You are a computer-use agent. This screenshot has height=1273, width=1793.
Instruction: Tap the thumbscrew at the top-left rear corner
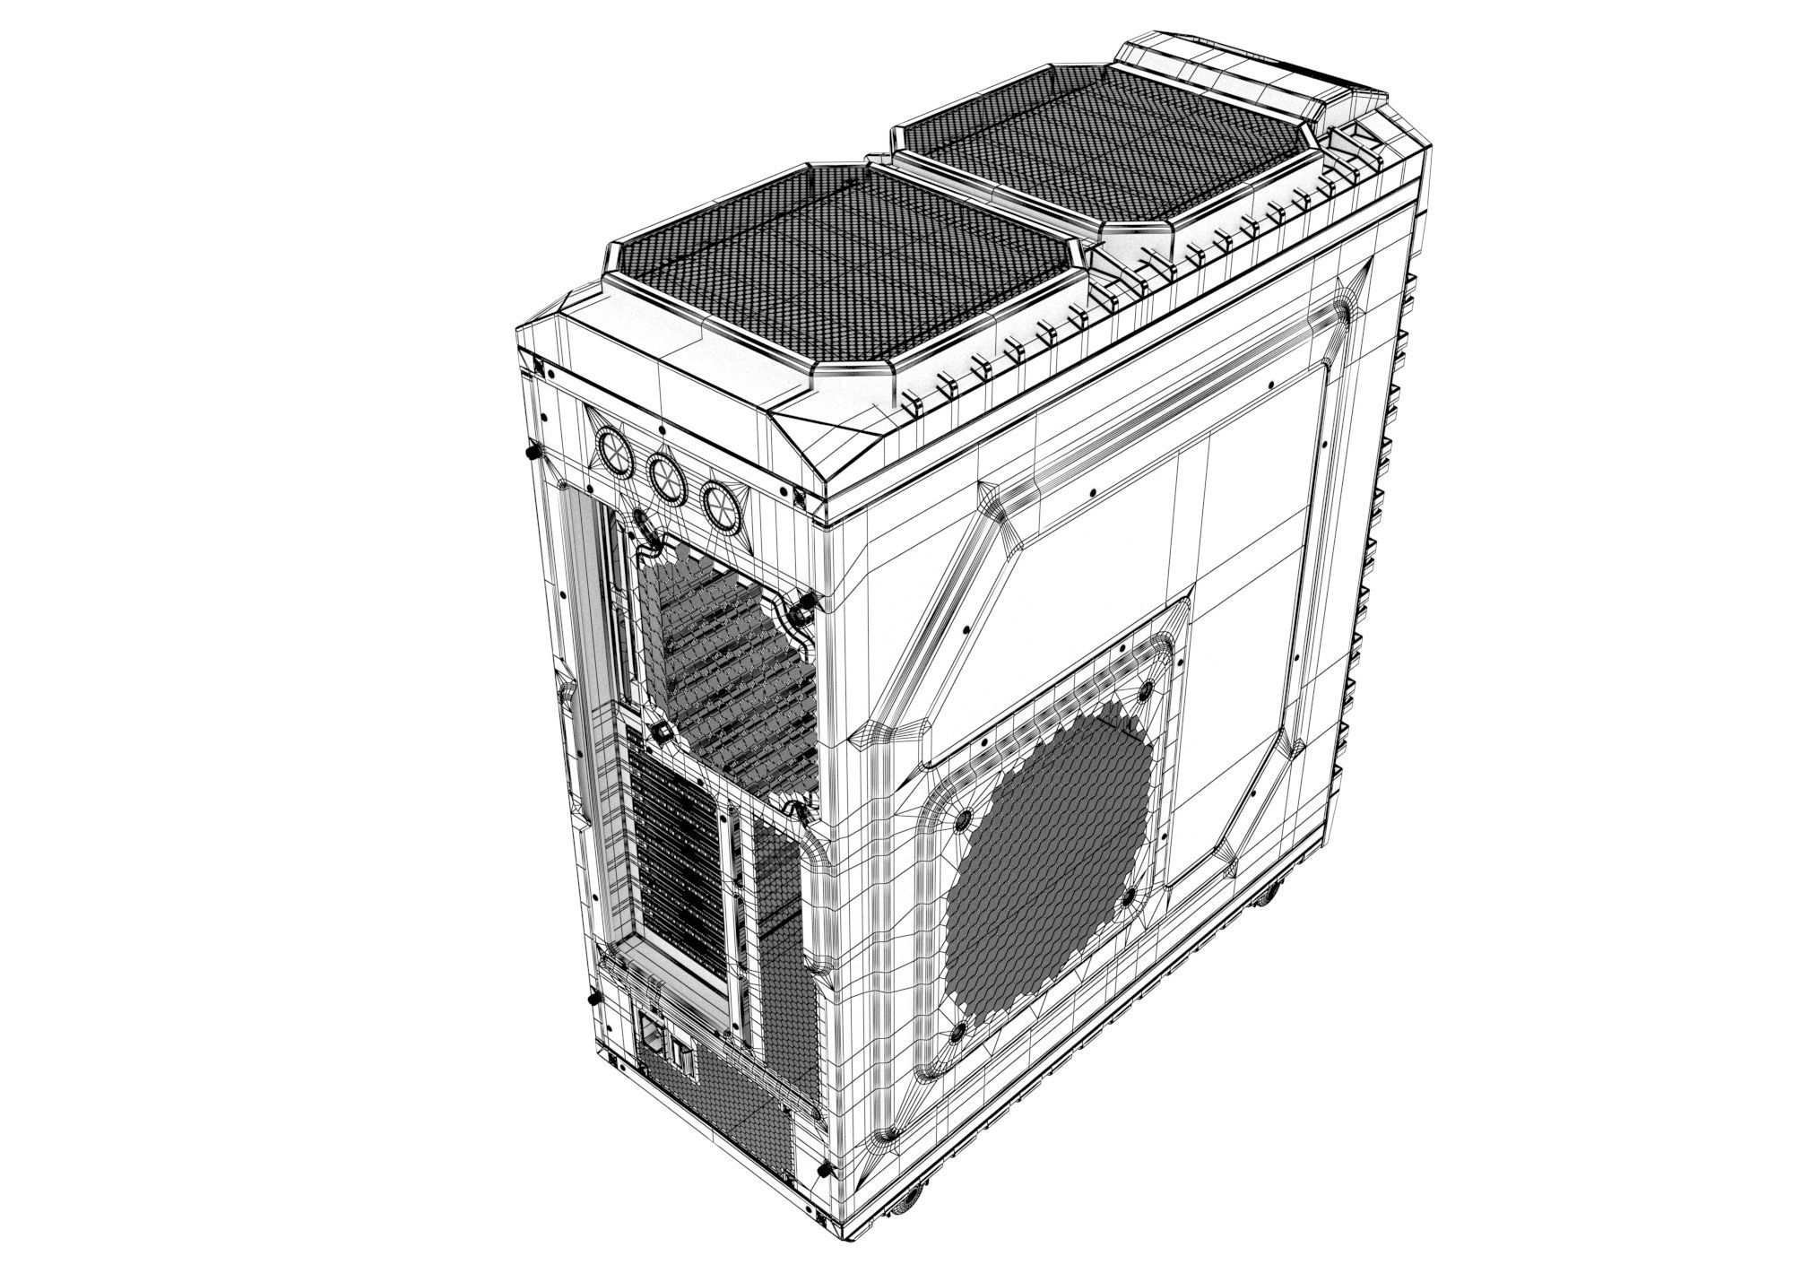(531, 452)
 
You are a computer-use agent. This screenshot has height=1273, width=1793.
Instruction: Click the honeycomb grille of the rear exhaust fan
(726, 672)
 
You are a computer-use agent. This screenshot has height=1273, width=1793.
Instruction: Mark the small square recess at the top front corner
(1354, 136)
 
